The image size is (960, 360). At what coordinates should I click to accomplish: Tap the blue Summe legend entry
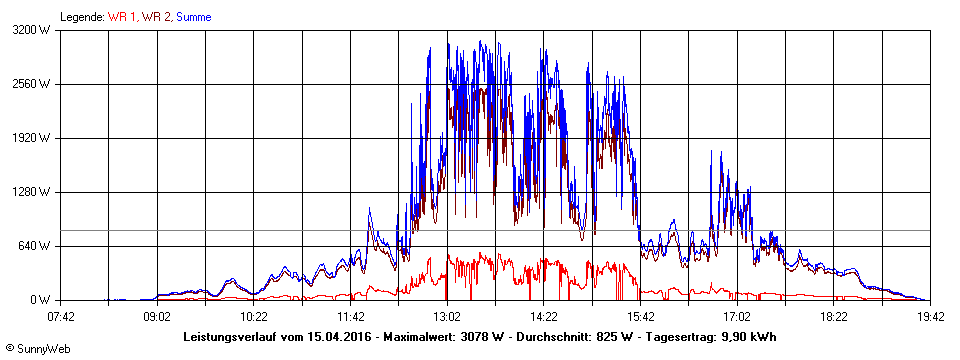tap(194, 17)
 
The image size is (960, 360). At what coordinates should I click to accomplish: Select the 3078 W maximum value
tap(478, 337)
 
